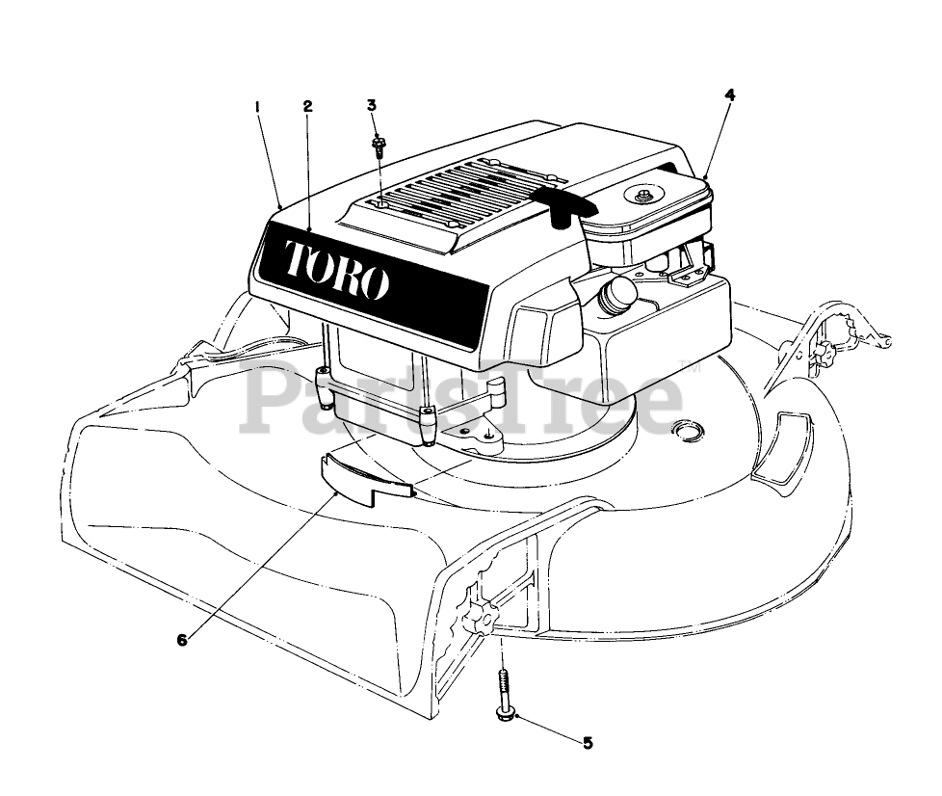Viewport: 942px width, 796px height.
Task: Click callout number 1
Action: pos(257,107)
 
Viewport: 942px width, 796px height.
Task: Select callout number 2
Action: pos(307,107)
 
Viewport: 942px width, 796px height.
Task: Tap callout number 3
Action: pos(372,105)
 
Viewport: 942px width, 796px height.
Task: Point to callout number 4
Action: pos(729,94)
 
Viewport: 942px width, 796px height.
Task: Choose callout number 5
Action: pos(587,742)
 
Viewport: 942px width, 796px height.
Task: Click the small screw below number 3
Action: pos(379,148)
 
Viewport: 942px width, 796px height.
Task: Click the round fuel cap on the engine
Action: pos(617,295)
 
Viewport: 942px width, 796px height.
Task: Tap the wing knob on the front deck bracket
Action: pos(480,614)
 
